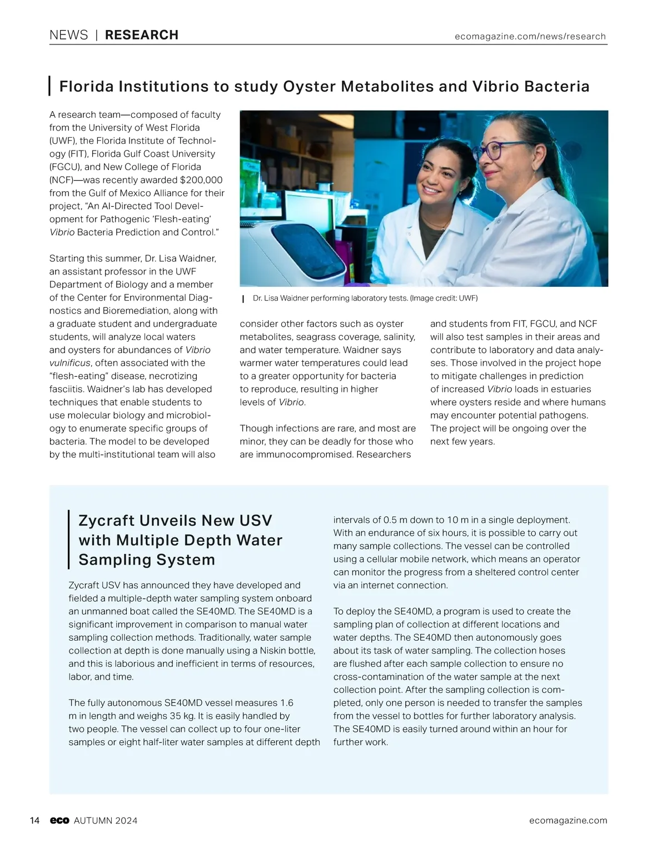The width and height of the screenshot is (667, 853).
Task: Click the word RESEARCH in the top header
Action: point(141,35)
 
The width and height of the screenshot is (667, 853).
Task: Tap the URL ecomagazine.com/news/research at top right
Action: point(530,36)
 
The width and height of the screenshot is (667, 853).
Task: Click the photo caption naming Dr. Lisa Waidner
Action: point(365,298)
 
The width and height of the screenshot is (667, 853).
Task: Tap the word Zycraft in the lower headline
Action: point(106,521)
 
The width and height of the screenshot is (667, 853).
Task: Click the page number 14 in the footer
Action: point(34,821)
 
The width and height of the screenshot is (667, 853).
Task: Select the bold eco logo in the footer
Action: point(59,821)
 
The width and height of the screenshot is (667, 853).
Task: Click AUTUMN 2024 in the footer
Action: point(106,821)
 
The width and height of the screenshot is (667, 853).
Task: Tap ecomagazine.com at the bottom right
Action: point(568,821)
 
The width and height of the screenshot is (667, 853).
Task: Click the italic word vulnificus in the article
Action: point(71,363)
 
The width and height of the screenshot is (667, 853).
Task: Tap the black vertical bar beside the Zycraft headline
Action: point(68,540)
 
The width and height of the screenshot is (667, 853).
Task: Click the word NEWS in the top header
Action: point(68,35)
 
